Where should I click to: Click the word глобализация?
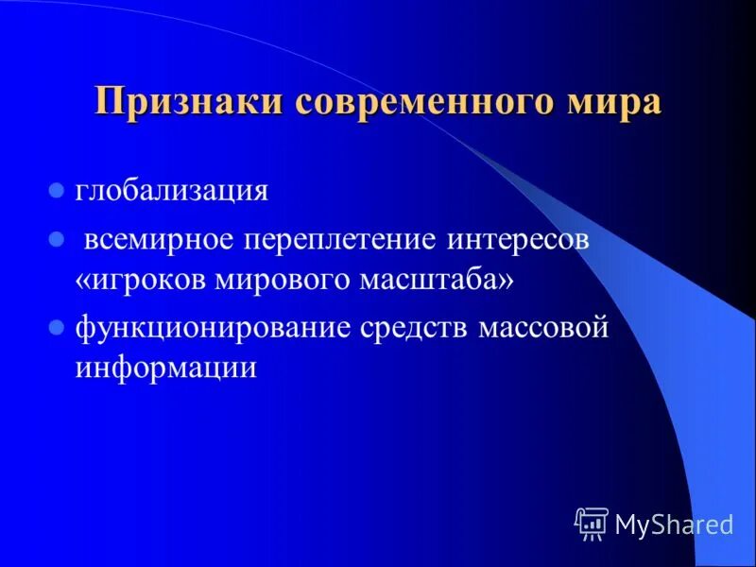tap(172, 190)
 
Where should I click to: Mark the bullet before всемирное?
tap(56, 240)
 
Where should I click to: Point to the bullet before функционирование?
tap(56, 329)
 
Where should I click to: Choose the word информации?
tap(166, 368)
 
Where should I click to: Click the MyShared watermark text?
tap(674, 523)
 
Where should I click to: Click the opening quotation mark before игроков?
tap(83, 281)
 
